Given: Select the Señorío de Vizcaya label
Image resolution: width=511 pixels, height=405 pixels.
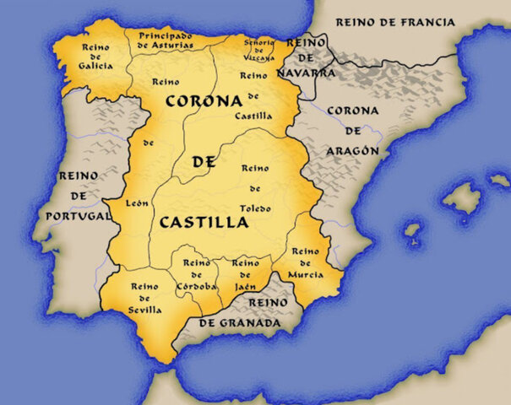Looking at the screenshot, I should click(x=259, y=50).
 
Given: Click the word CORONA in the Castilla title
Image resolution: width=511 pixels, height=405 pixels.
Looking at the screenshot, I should click(x=204, y=100).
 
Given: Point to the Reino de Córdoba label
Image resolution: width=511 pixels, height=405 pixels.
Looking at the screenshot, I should click(x=197, y=275).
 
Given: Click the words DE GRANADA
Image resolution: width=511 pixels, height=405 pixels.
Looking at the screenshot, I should click(x=239, y=323).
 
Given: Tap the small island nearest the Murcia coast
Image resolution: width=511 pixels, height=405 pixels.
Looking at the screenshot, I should click(x=412, y=229).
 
